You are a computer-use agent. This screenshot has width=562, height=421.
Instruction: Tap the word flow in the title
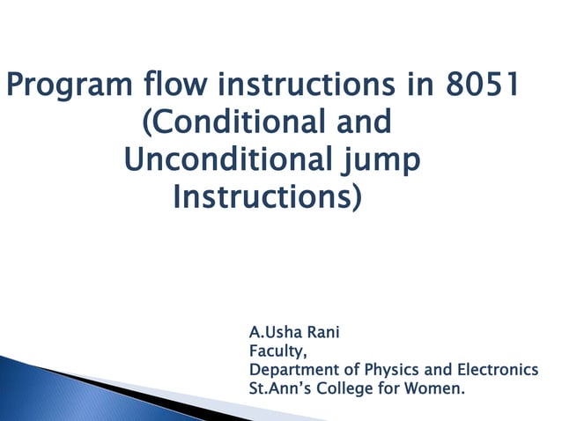[170, 89]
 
